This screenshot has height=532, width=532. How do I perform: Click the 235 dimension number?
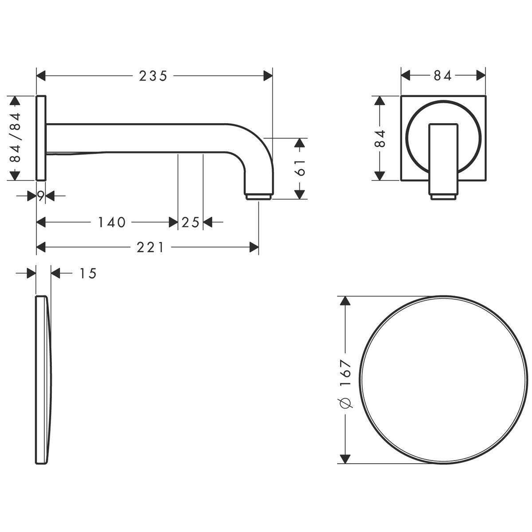click(x=153, y=76)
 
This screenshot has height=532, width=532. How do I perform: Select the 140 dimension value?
click(x=112, y=222)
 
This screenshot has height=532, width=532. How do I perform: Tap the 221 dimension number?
click(x=150, y=247)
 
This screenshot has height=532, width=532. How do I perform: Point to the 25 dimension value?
click(x=191, y=222)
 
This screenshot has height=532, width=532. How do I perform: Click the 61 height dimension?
click(x=300, y=168)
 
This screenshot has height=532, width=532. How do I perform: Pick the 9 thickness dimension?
click(x=41, y=196)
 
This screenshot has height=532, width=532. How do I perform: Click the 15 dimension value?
click(x=88, y=274)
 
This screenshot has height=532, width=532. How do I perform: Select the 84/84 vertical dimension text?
click(x=15, y=137)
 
